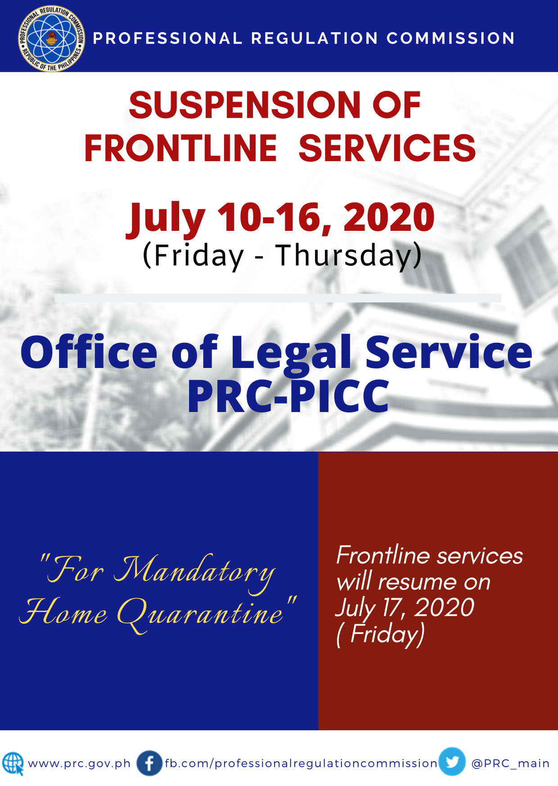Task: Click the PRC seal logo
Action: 52,38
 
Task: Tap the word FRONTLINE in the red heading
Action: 180,148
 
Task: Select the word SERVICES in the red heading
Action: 387,148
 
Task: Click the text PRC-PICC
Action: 288,396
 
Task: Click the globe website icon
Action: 13,764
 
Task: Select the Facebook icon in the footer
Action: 149,764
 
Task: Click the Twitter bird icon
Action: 452,762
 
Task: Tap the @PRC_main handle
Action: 510,764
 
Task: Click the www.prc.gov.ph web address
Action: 79,764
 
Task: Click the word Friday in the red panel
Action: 387,634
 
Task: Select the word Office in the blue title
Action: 89,352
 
